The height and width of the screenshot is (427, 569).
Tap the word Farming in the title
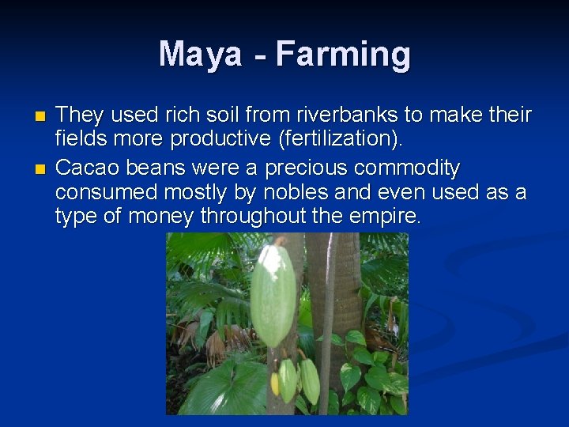coord(343,55)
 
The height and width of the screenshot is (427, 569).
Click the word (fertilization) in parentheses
coord(341,140)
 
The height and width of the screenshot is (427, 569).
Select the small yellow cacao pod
coord(276,384)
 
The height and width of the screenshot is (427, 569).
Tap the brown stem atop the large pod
coord(278,240)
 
